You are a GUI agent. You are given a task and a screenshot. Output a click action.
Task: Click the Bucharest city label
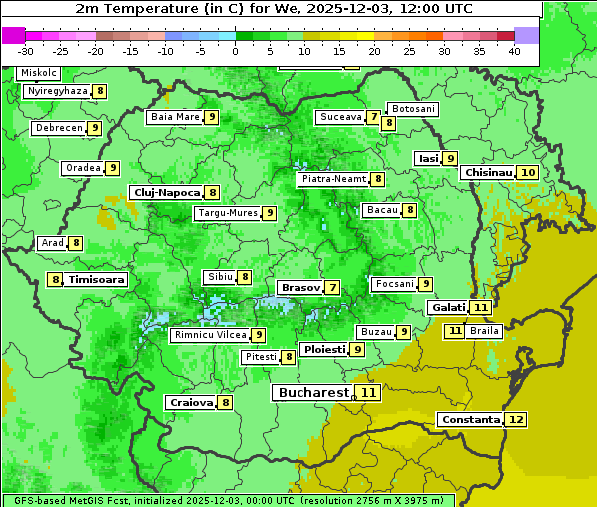click(x=313, y=393)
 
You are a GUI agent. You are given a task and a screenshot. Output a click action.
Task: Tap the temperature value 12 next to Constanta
click(x=515, y=420)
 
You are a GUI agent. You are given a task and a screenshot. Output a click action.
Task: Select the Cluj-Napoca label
click(x=166, y=192)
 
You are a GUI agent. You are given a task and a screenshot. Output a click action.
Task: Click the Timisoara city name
click(x=96, y=280)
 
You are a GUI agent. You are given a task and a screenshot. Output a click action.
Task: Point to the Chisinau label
click(x=488, y=173)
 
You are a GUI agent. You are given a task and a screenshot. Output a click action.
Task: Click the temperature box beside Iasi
click(x=450, y=158)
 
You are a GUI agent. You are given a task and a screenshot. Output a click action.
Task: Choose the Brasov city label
click(x=300, y=287)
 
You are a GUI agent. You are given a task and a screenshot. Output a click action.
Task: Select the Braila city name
click(x=484, y=330)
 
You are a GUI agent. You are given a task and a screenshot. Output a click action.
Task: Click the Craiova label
click(x=191, y=403)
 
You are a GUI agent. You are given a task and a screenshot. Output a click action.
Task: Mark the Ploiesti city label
click(x=324, y=350)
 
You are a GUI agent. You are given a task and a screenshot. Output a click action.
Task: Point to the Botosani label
click(x=412, y=109)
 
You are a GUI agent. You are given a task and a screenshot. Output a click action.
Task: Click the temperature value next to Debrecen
click(x=94, y=128)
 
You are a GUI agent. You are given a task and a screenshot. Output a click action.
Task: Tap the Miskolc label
click(x=38, y=73)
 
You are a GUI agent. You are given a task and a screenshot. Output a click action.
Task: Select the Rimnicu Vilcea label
click(x=209, y=335)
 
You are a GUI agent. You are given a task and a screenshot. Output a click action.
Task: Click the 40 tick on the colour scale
click(x=514, y=51)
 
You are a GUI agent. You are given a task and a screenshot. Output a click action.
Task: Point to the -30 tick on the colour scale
click(x=26, y=51)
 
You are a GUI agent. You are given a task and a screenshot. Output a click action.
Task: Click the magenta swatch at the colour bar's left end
click(x=14, y=35)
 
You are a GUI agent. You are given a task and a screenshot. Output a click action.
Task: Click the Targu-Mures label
click(x=228, y=213)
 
